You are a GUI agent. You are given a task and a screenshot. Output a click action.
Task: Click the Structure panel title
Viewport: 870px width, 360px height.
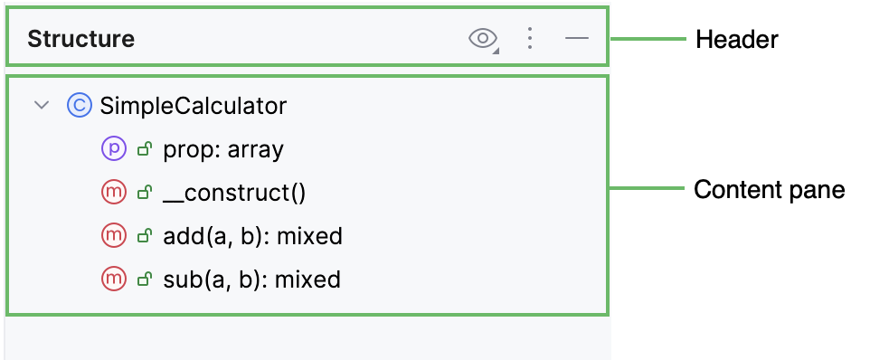click(x=80, y=39)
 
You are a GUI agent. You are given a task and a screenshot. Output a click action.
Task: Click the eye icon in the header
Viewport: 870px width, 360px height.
click(x=483, y=38)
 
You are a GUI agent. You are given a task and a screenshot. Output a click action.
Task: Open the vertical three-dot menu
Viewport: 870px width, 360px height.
click(x=530, y=38)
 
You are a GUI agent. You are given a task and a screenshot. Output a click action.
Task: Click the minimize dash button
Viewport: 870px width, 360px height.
click(x=576, y=38)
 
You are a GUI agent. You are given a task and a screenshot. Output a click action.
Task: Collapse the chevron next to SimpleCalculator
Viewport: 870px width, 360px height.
click(x=41, y=106)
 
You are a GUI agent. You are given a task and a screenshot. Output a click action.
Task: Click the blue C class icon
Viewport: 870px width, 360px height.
click(x=80, y=106)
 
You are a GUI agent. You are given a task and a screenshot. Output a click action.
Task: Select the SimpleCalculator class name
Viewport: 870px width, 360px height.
click(x=194, y=106)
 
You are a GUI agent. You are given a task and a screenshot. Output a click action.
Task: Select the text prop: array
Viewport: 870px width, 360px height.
click(x=223, y=149)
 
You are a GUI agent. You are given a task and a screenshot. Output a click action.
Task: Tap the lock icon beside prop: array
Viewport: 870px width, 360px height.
click(x=143, y=149)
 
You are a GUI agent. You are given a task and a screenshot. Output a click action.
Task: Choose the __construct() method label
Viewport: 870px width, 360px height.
click(x=234, y=193)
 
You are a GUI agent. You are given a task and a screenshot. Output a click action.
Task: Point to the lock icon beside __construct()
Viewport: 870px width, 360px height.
click(x=143, y=193)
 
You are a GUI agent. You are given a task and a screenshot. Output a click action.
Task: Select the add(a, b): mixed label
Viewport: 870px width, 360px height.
click(x=252, y=236)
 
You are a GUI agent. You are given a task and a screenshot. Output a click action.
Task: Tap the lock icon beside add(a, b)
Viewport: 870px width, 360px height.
click(x=143, y=236)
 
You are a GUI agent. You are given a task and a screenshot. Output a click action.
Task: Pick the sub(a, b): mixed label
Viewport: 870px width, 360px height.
click(x=251, y=279)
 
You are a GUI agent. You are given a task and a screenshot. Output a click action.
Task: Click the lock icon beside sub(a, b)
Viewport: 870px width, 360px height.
click(x=143, y=279)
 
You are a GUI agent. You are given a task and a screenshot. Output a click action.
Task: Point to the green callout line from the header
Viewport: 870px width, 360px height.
click(x=648, y=39)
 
